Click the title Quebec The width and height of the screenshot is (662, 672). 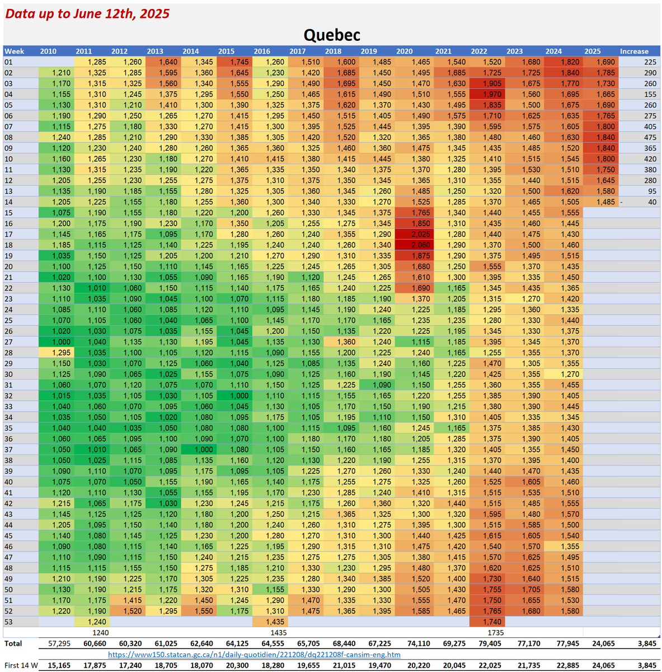[x=332, y=35]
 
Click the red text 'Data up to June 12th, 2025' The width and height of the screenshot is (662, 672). [x=87, y=13]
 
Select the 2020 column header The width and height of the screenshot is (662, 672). [x=404, y=51]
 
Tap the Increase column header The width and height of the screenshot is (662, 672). [x=634, y=51]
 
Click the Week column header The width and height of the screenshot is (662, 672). [x=15, y=51]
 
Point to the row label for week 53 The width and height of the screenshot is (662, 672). [x=8, y=622]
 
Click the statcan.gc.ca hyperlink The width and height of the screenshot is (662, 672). [x=254, y=654]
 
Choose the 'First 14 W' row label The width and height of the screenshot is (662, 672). [x=21, y=665]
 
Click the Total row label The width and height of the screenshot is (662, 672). [x=13, y=643]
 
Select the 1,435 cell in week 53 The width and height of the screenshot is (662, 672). [x=274, y=622]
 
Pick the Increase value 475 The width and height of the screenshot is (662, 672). [x=649, y=137]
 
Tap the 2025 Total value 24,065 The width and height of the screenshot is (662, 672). [x=603, y=643]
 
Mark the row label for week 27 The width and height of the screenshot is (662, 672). [x=8, y=342]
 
